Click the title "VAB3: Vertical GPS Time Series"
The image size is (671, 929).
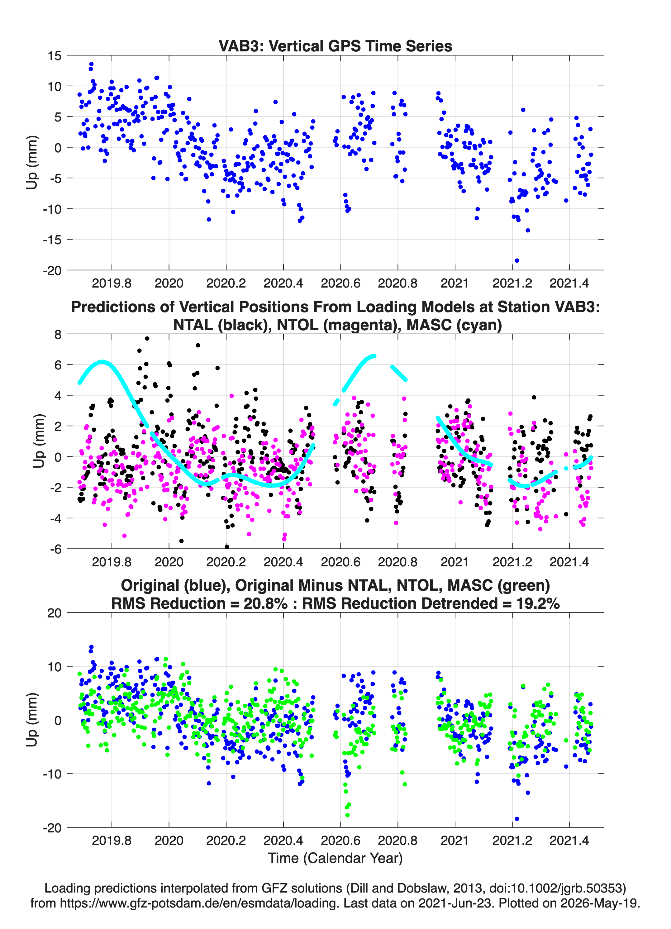click(x=335, y=46)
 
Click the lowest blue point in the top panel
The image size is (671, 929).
click(x=517, y=260)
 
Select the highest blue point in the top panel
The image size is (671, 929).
click(x=91, y=64)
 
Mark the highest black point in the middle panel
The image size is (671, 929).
click(x=147, y=338)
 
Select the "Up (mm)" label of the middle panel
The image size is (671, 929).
click(x=39, y=441)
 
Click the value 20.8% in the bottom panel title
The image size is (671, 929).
click(x=265, y=603)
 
